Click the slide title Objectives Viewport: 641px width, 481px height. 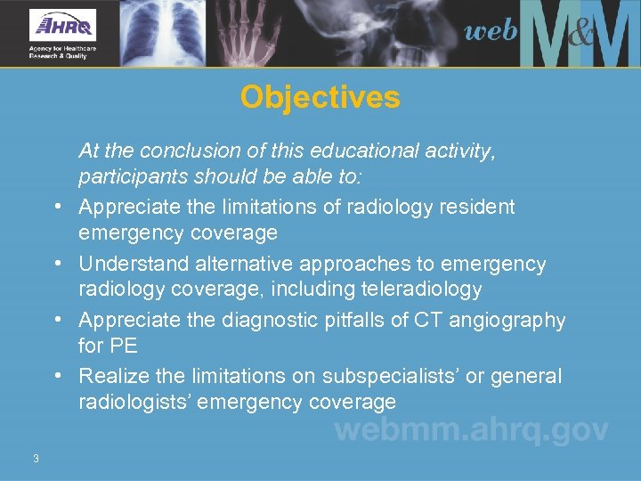coord(320,97)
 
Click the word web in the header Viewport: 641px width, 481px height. coord(490,31)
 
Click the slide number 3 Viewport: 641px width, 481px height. coord(36,459)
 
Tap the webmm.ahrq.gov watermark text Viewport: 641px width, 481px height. coord(471,430)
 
